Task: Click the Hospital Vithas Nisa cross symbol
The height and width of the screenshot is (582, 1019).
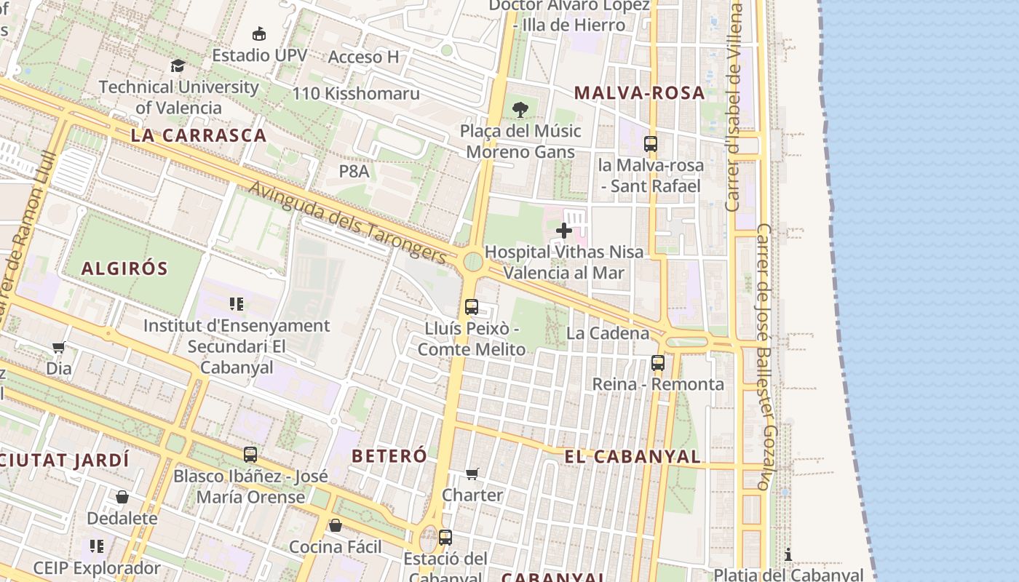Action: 564,231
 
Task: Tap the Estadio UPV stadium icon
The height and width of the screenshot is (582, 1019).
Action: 258,33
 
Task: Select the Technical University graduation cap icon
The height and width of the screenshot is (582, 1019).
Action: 178,66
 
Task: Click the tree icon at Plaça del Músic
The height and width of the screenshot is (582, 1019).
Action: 520,110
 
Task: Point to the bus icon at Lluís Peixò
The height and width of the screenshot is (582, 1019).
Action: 472,307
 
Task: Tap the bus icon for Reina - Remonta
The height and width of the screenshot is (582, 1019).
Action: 658,362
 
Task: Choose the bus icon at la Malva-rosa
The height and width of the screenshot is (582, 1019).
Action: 651,144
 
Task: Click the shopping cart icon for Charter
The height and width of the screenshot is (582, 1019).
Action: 472,474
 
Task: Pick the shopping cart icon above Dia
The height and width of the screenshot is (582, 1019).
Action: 59,347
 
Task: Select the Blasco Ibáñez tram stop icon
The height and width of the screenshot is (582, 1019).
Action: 250,455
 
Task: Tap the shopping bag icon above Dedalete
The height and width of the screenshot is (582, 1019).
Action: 122,497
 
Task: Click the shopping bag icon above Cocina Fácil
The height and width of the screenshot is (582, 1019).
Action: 336,525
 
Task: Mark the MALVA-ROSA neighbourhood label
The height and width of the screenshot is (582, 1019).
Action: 639,93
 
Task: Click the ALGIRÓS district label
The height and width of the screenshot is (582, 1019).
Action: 124,268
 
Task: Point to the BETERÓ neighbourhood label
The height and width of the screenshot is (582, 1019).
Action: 389,456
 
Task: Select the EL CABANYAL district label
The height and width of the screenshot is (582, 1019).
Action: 633,457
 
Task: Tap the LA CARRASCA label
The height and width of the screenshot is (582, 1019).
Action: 199,135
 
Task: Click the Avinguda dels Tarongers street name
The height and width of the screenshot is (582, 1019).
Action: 347,223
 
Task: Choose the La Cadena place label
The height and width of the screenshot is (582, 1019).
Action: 608,333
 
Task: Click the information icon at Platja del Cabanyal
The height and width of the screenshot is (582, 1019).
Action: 788,554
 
